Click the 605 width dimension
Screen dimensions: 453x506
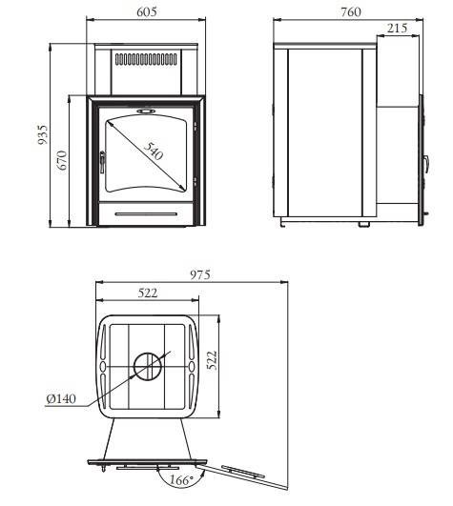click(x=147, y=11)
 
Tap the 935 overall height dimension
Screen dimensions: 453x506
click(x=43, y=134)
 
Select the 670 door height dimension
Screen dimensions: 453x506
click(x=62, y=160)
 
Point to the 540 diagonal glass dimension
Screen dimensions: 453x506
click(x=153, y=151)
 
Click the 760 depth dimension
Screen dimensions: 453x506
click(x=351, y=12)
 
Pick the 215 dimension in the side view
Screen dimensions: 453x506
click(x=397, y=28)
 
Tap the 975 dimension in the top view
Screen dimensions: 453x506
click(x=200, y=275)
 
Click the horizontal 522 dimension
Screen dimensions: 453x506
click(x=148, y=293)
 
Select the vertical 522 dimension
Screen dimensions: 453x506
click(x=212, y=360)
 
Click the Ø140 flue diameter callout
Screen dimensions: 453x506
click(x=61, y=399)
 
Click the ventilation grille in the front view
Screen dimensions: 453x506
click(x=146, y=59)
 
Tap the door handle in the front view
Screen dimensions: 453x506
click(x=102, y=162)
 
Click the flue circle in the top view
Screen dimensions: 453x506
click(x=148, y=367)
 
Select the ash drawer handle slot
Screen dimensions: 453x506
click(x=146, y=214)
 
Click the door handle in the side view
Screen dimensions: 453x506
click(x=427, y=164)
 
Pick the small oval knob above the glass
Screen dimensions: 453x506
click(x=146, y=111)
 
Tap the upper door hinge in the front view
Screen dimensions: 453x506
click(x=195, y=126)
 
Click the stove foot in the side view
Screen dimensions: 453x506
click(x=364, y=224)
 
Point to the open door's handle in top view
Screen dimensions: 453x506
click(x=243, y=472)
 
